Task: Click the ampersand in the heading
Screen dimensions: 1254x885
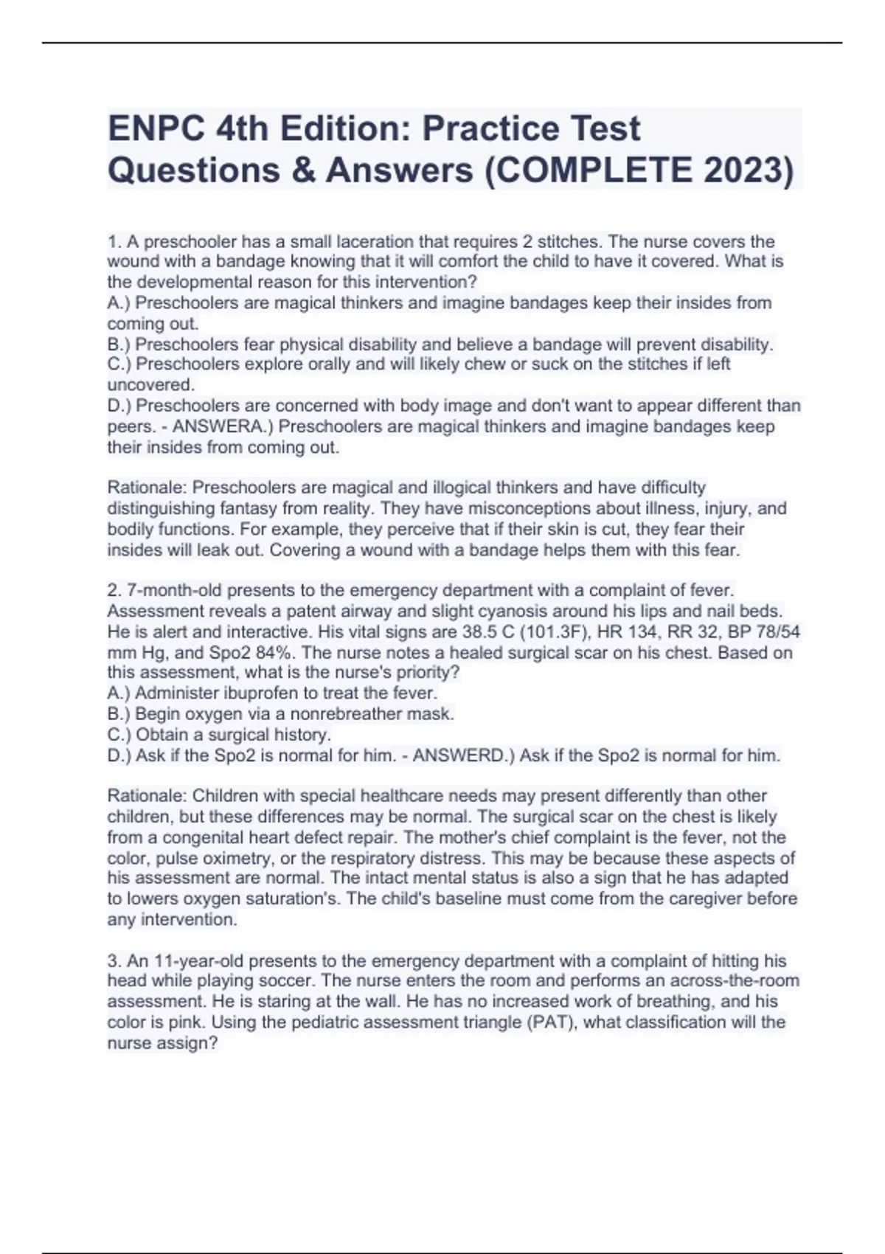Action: (304, 170)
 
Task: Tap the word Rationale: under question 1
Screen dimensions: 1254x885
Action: (147, 488)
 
